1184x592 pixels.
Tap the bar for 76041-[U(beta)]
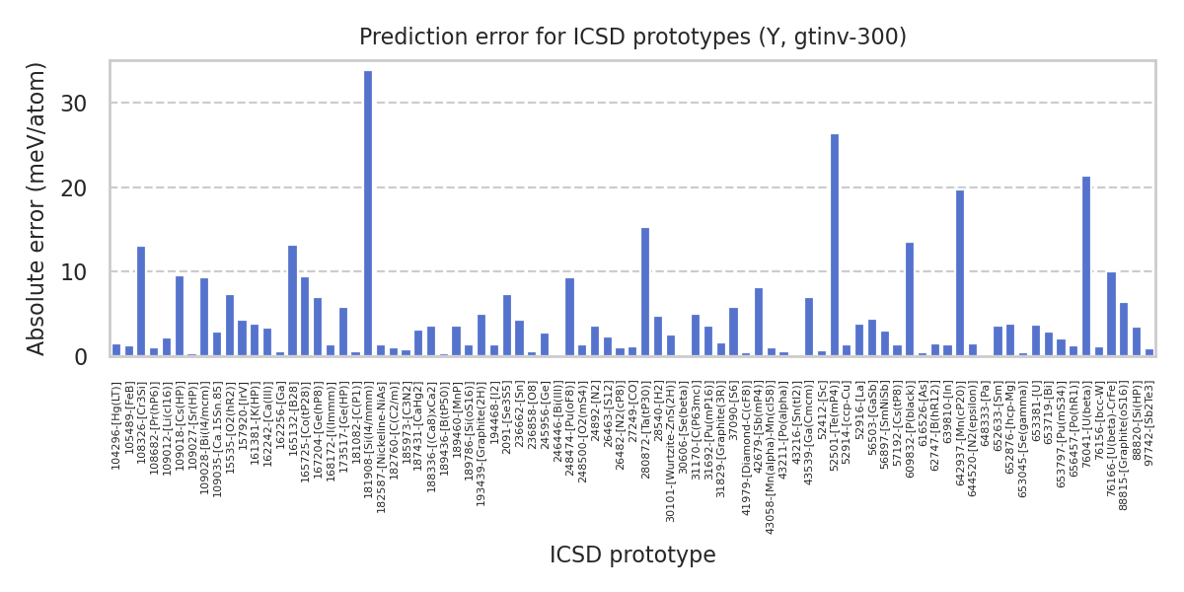click(x=1086, y=266)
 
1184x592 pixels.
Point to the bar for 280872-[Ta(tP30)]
click(x=645, y=292)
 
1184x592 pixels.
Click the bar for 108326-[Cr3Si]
click(x=141, y=301)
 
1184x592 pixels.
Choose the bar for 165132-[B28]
click(x=292, y=301)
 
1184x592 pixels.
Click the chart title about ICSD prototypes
click(x=632, y=37)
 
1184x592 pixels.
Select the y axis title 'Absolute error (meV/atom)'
click(x=37, y=208)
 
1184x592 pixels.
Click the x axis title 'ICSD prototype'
click(x=632, y=555)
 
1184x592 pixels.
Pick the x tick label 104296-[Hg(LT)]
click(x=116, y=426)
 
